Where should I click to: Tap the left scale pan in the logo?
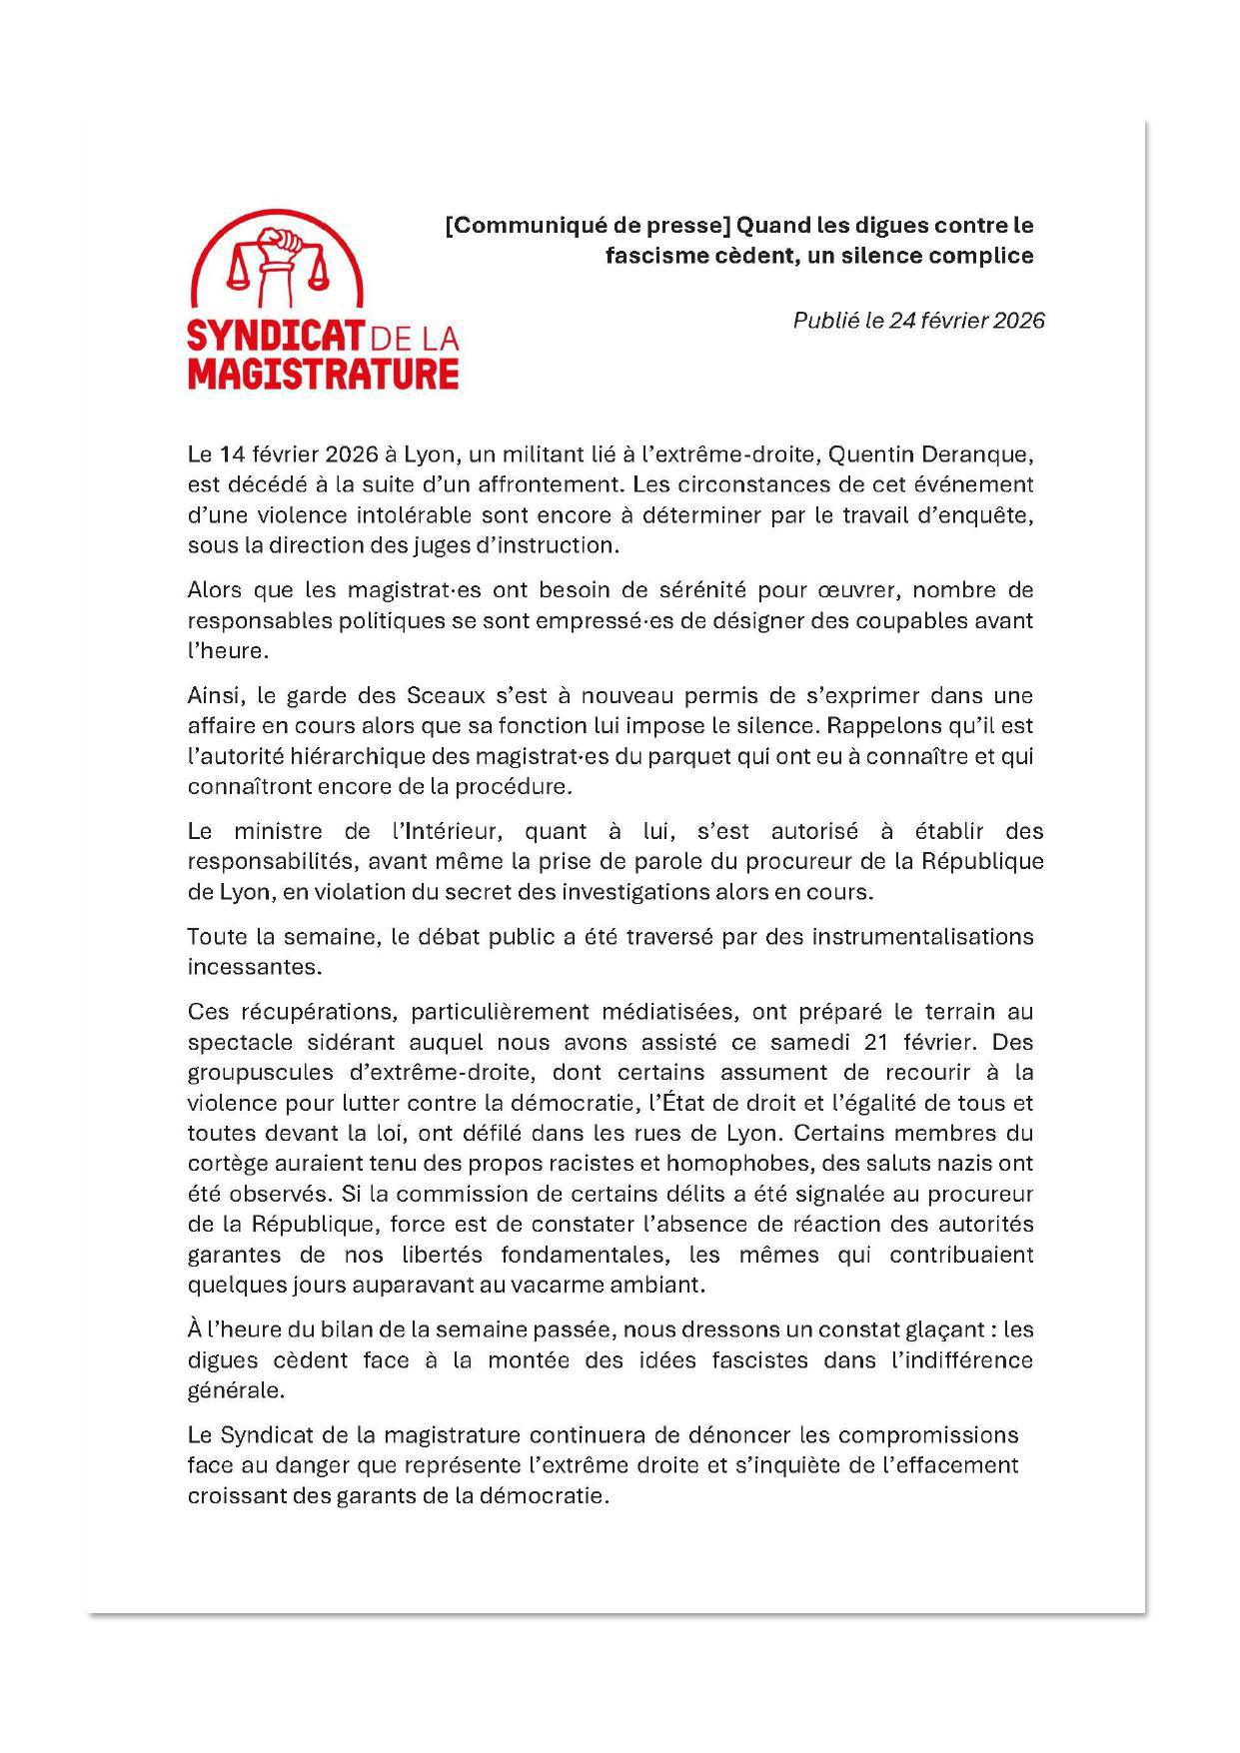tap(240, 276)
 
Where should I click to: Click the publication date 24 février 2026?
tap(966, 321)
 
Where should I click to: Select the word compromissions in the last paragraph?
tap(928, 1435)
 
